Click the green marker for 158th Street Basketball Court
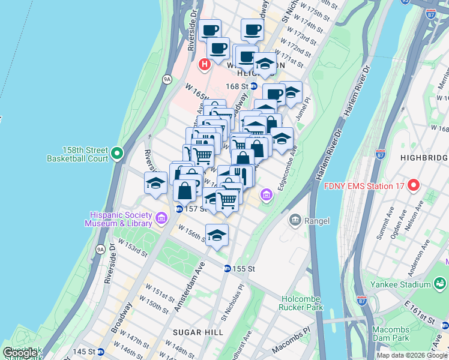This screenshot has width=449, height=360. [118, 154]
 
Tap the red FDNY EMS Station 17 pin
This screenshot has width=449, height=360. [413, 185]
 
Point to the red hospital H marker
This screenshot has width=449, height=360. [205, 64]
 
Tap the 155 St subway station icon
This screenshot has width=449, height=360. [228, 269]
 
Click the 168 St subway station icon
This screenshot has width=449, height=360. [253, 86]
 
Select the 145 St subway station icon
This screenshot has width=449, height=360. [101, 352]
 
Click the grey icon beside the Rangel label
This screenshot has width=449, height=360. [295, 221]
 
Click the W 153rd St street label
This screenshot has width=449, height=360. [133, 246]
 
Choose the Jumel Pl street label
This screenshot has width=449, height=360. [304, 110]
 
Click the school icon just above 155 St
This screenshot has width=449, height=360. [217, 235]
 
